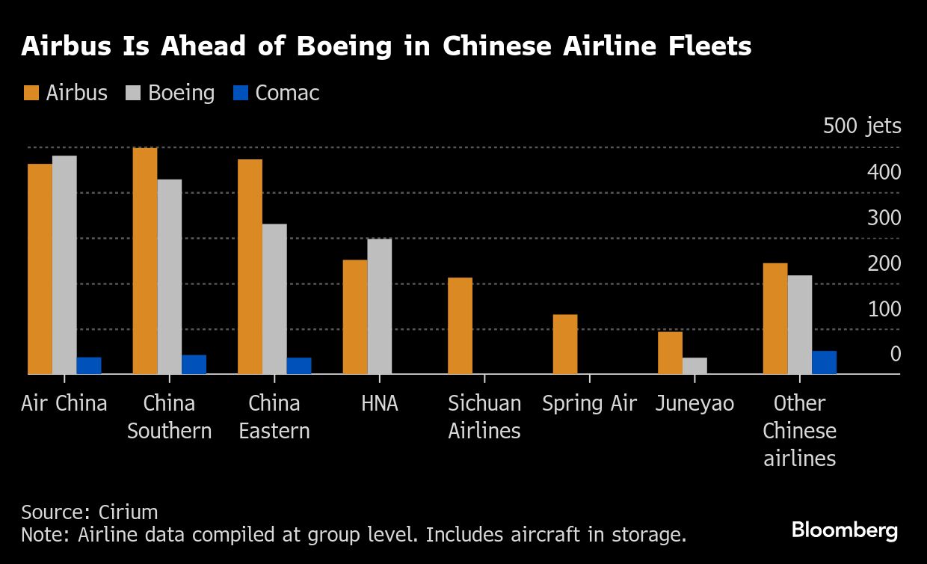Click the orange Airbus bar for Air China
point(40,269)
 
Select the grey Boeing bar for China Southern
point(170,276)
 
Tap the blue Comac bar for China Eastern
point(299,366)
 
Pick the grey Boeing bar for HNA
point(380,306)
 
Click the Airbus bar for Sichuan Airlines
point(460,325)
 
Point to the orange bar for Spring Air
point(565,344)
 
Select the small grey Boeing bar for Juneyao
point(695,366)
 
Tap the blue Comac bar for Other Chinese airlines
point(824,362)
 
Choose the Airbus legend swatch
point(31,94)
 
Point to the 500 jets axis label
point(862,126)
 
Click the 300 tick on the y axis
point(884,218)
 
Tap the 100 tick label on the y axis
point(884,309)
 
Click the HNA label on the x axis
point(380,404)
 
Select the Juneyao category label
point(695,404)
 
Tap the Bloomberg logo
point(845,530)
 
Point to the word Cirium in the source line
point(128,512)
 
